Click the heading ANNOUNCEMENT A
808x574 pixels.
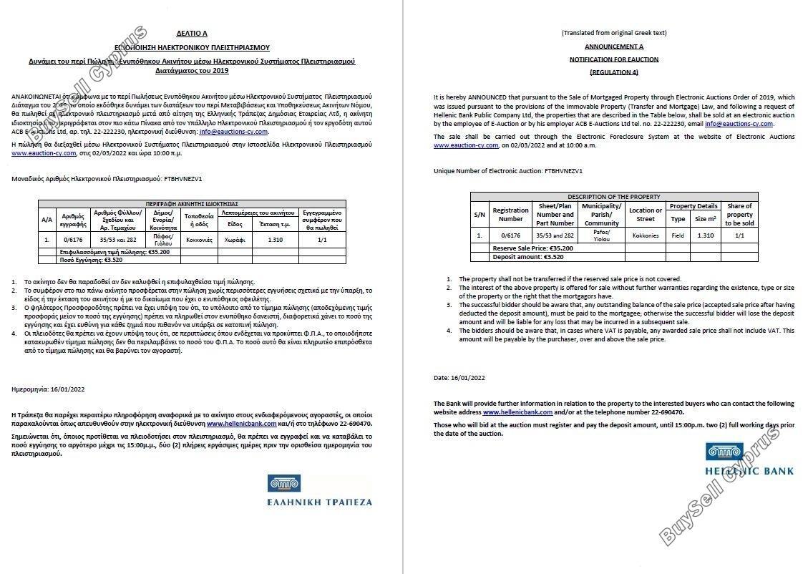613,46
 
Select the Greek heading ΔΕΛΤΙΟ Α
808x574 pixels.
191,33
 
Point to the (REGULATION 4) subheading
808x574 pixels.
613,72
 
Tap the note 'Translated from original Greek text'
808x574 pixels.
613,33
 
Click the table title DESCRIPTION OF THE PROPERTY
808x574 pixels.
613,196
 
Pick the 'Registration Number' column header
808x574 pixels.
510,214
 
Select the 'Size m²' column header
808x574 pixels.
705,219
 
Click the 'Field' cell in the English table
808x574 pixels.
678,235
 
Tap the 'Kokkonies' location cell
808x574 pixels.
646,235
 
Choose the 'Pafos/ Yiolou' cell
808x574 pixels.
601,235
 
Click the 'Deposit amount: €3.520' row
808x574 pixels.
518,256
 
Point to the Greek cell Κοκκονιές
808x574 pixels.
199,240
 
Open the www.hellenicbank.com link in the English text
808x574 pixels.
517,412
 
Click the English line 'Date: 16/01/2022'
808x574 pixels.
459,377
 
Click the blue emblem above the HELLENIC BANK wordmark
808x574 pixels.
720,452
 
